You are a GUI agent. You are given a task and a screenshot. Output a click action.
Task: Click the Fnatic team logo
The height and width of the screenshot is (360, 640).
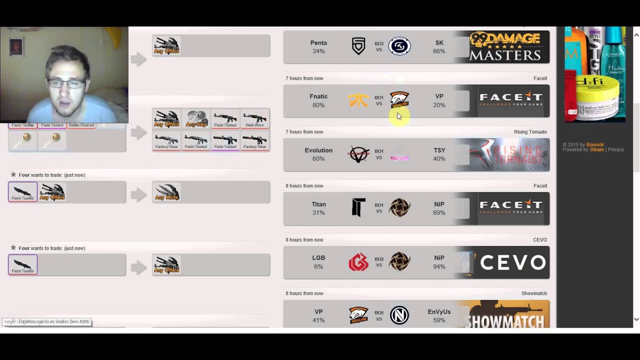[358, 100]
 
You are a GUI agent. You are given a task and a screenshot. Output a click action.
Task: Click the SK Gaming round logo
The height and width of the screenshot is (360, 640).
[399, 46]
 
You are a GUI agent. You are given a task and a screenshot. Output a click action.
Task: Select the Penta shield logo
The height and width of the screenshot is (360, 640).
[358, 46]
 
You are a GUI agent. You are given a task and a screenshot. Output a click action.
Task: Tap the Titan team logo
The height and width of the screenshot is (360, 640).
[358, 208]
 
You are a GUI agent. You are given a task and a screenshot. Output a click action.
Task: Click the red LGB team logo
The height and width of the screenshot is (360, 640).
[358, 262]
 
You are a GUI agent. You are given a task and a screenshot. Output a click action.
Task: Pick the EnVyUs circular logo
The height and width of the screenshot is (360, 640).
[399, 315]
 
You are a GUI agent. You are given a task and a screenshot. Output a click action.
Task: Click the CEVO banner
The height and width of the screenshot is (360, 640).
[504, 262]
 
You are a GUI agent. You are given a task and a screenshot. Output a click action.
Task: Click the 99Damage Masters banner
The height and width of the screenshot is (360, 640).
[505, 46]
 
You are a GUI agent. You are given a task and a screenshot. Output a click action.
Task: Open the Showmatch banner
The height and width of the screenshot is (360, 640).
[504, 314]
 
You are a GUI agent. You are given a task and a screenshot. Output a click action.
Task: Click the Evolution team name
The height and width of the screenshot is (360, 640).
[318, 150]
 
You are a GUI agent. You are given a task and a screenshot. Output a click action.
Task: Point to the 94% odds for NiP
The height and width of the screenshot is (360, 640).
[439, 266]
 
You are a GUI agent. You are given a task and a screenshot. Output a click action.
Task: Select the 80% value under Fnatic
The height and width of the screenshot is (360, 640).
[318, 105]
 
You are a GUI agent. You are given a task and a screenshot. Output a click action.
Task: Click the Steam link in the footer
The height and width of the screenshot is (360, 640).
[596, 149]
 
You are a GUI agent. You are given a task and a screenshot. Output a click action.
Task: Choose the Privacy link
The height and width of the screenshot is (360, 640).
[616, 149]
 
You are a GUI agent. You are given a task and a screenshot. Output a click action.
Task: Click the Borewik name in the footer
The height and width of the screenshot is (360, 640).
[595, 144]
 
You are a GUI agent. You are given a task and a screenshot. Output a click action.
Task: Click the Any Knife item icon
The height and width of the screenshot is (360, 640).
[166, 192]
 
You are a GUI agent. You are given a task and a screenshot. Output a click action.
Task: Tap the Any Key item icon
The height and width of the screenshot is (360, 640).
[196, 119]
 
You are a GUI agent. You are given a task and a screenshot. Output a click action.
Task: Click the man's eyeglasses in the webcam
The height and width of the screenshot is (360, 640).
[66, 83]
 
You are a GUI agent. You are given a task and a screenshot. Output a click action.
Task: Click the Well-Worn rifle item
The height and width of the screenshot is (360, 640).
[254, 119]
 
